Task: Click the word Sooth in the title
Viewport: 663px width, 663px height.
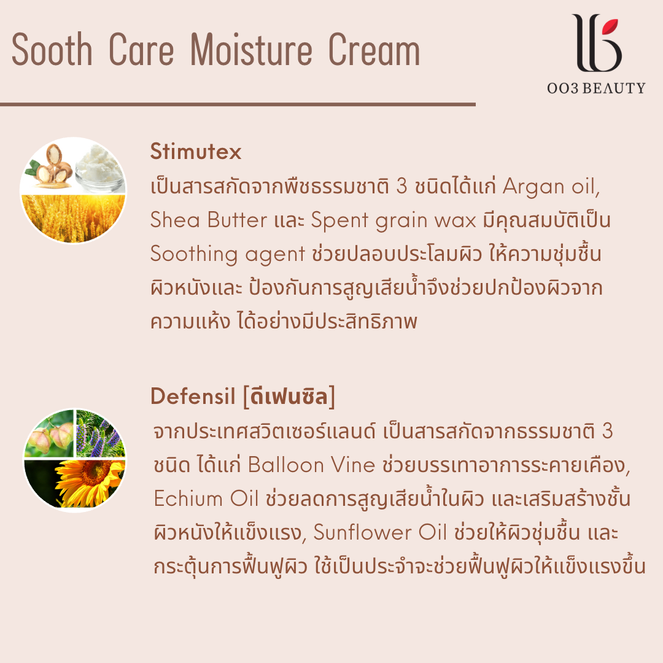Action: [x=52, y=50]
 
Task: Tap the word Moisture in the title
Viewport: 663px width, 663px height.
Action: [x=251, y=50]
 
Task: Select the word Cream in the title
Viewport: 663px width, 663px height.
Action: [x=374, y=50]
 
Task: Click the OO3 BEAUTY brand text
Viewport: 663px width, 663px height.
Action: [x=596, y=88]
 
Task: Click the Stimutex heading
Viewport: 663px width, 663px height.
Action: [x=196, y=152]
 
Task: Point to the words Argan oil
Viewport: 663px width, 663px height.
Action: [x=551, y=187]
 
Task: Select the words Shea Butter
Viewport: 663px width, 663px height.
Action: [x=209, y=220]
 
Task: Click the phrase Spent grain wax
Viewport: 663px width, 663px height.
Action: [x=394, y=221]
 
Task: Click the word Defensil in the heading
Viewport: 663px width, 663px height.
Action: [x=193, y=396]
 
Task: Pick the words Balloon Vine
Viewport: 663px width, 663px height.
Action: [x=312, y=465]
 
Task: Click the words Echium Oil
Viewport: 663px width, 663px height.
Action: [x=206, y=498]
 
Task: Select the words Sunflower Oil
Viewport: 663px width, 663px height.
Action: [x=380, y=532]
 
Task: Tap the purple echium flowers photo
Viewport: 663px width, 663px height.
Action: [x=101, y=434]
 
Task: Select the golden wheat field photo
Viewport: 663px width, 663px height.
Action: [x=72, y=218]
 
